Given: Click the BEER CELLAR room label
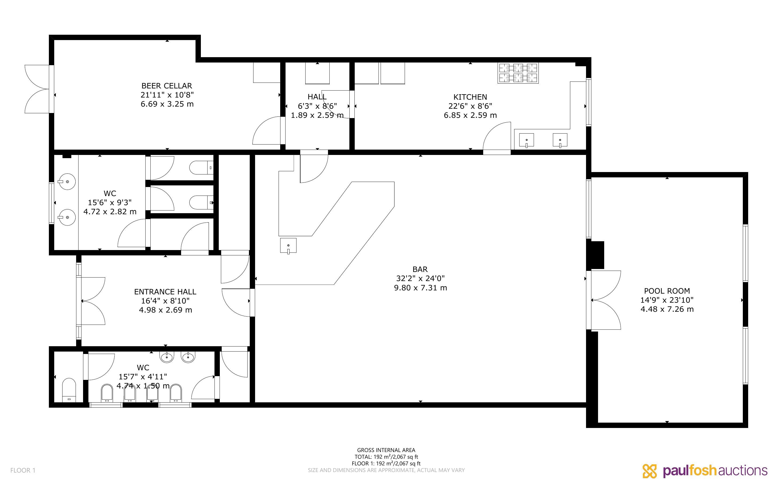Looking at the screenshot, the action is click(167, 85).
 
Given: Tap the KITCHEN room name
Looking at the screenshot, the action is click(470, 97).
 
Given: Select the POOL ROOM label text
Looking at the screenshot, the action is click(667, 291).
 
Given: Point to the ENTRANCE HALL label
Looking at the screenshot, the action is click(165, 292).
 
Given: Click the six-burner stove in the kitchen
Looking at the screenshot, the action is click(518, 73).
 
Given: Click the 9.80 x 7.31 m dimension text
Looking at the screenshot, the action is click(420, 288).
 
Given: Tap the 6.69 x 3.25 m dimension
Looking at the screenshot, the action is click(167, 104).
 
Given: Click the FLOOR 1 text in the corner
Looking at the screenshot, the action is click(23, 470).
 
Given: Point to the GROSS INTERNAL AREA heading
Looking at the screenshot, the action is click(386, 450).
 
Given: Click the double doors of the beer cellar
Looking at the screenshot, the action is click(38, 89).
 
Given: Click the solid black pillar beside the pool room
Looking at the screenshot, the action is click(596, 255).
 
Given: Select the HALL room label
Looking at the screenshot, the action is click(317, 96).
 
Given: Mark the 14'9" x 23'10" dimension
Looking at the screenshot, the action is click(667, 300).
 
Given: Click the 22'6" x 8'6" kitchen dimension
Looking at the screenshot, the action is click(470, 106).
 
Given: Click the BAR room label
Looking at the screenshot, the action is click(420, 269).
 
